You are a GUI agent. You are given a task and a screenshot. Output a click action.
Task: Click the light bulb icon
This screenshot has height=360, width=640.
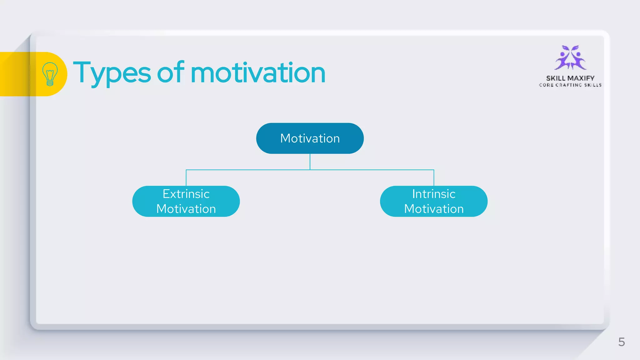(x=50, y=74)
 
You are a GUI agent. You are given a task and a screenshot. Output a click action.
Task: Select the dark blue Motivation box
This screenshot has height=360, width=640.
(x=310, y=138)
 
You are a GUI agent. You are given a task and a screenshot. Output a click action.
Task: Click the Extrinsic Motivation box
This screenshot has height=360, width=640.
(x=186, y=201)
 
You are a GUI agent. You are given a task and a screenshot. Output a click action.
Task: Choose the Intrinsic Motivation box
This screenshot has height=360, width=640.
(x=433, y=201)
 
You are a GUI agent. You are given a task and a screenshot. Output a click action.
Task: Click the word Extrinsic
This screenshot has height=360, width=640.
(x=186, y=194)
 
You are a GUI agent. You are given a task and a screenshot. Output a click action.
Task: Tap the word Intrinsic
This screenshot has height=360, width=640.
(x=433, y=194)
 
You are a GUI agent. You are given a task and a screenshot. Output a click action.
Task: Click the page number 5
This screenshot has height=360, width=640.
(x=621, y=342)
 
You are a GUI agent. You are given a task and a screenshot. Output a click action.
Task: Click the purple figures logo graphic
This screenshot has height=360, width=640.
(x=570, y=58)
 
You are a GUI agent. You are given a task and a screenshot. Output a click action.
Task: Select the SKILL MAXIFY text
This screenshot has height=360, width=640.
(x=570, y=78)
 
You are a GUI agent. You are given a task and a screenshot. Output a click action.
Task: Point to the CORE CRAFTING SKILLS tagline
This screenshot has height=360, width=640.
(x=570, y=85)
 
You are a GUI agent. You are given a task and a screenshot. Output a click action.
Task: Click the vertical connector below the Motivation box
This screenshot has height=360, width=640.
(x=310, y=162)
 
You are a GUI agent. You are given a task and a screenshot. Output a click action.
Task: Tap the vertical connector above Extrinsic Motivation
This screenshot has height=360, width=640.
(x=186, y=178)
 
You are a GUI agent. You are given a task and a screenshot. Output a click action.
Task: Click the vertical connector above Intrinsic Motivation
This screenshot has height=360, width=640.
(x=434, y=178)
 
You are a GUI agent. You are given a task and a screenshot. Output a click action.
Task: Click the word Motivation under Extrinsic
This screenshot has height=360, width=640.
(x=186, y=209)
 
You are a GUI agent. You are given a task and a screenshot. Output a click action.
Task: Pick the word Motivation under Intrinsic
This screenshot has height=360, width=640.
(x=433, y=209)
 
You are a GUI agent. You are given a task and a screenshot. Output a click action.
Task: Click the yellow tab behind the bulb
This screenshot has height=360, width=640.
(x=16, y=74)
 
